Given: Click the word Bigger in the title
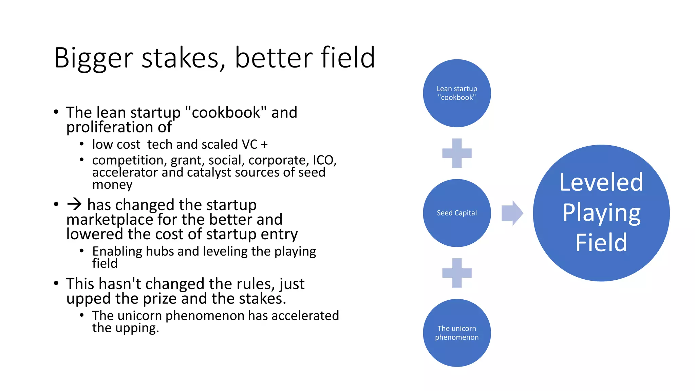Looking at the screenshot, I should click(93, 58).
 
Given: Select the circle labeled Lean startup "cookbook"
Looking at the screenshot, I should click(457, 93).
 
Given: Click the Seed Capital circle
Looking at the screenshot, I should click(457, 213).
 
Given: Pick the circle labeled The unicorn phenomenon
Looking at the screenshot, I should click(457, 333).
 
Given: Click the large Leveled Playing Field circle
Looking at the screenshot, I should click(601, 213).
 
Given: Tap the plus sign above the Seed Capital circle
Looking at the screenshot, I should click(457, 153).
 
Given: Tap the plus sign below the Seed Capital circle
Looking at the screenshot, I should click(457, 273).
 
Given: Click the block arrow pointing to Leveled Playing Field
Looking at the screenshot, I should click(512, 213).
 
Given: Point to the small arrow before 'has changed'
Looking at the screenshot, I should click(74, 204).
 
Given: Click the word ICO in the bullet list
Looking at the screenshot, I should click(323, 160).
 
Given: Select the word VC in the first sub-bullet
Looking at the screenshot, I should click(249, 145).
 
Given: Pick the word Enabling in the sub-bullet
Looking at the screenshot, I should click(117, 252).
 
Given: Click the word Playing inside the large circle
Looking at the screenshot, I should click(601, 213).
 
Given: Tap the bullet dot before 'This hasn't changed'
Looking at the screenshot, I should click(56, 283).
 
